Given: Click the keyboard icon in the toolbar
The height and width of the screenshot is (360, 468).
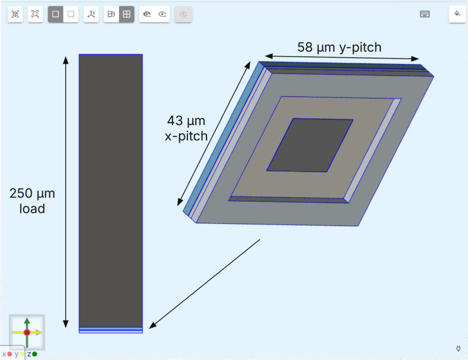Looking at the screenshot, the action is [x=425, y=14].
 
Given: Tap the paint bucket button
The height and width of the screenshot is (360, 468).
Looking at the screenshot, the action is [x=457, y=14].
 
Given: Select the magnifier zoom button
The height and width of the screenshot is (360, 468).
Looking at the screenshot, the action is [x=35, y=14].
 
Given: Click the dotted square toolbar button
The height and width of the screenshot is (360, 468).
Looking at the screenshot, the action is [x=71, y=14].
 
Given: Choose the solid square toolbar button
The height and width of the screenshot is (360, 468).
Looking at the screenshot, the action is [x=56, y=14].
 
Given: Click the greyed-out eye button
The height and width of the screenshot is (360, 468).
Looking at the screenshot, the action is [x=183, y=14].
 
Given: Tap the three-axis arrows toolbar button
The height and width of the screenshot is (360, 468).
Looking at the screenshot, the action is [x=91, y=14].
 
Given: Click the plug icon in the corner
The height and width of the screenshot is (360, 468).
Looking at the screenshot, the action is [x=458, y=348].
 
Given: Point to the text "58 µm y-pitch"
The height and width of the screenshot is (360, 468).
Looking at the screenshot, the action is [x=339, y=47].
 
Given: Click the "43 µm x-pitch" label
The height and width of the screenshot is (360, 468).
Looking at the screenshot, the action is [x=186, y=128].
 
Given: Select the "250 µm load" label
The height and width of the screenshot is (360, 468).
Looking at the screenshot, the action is [x=32, y=201].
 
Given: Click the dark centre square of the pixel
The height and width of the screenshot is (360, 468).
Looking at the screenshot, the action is [x=310, y=145].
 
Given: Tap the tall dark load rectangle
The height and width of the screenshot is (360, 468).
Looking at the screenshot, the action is [x=111, y=191].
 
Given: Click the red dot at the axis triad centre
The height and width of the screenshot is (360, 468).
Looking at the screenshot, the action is [x=27, y=332].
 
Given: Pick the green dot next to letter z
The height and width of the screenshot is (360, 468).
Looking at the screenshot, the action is [x=35, y=354].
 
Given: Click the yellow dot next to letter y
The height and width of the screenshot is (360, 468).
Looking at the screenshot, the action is [x=22, y=354].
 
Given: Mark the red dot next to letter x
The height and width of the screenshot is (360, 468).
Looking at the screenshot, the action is [x=9, y=354].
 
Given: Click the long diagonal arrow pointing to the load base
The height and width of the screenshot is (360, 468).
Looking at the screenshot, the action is [x=204, y=284].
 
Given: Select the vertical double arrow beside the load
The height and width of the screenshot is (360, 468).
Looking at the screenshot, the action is [x=66, y=192].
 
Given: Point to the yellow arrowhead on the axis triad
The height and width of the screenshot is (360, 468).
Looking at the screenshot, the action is [x=39, y=332].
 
